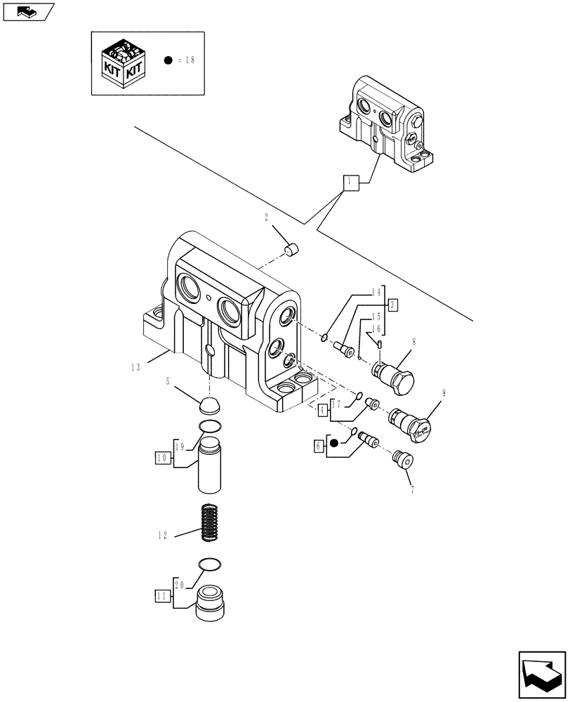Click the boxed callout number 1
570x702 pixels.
[x=350, y=183]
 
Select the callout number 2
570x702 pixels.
[x=267, y=218]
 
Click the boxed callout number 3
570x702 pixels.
[x=392, y=305]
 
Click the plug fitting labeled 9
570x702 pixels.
[x=410, y=423]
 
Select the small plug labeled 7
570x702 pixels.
[x=403, y=460]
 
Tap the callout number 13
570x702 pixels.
[x=135, y=366]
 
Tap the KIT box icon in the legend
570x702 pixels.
[x=124, y=63]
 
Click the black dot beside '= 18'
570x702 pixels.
[x=168, y=60]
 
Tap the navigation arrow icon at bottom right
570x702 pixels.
[x=541, y=675]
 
